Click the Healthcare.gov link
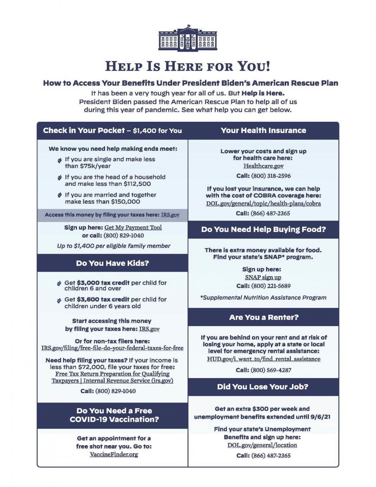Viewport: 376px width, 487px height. (263, 166)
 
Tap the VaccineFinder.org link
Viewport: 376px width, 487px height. (114, 454)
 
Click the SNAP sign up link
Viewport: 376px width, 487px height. (263, 277)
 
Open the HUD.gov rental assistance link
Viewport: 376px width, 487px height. (263, 359)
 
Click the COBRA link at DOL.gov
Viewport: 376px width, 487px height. (263, 203)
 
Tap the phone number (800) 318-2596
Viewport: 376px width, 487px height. (271, 176)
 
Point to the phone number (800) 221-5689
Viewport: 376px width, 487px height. (271, 286)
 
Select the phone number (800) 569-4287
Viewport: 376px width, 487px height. (271, 370)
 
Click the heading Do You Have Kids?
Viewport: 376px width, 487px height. (112, 263)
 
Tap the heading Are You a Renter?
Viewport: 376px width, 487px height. (263, 317)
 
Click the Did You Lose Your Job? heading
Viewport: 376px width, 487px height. (263, 387)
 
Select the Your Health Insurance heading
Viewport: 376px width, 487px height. (263, 130)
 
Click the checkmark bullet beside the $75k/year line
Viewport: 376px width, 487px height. (60, 160)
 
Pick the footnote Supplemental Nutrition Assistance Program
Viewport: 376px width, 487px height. (263, 297)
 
